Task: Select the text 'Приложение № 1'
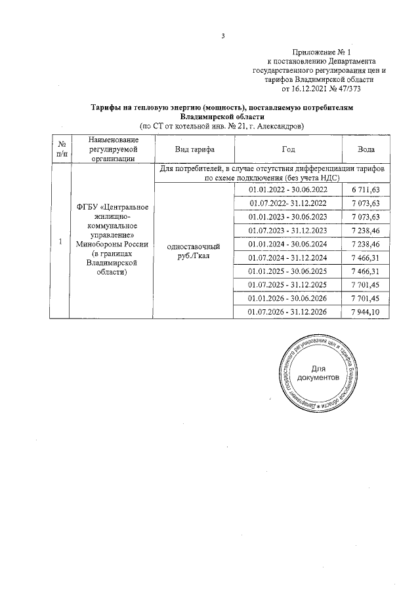322,52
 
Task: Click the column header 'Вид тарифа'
192,149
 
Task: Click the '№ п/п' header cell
60,149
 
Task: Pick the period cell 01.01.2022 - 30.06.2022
288,190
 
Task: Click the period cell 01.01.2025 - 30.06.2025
288,271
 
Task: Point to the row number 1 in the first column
60,242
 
